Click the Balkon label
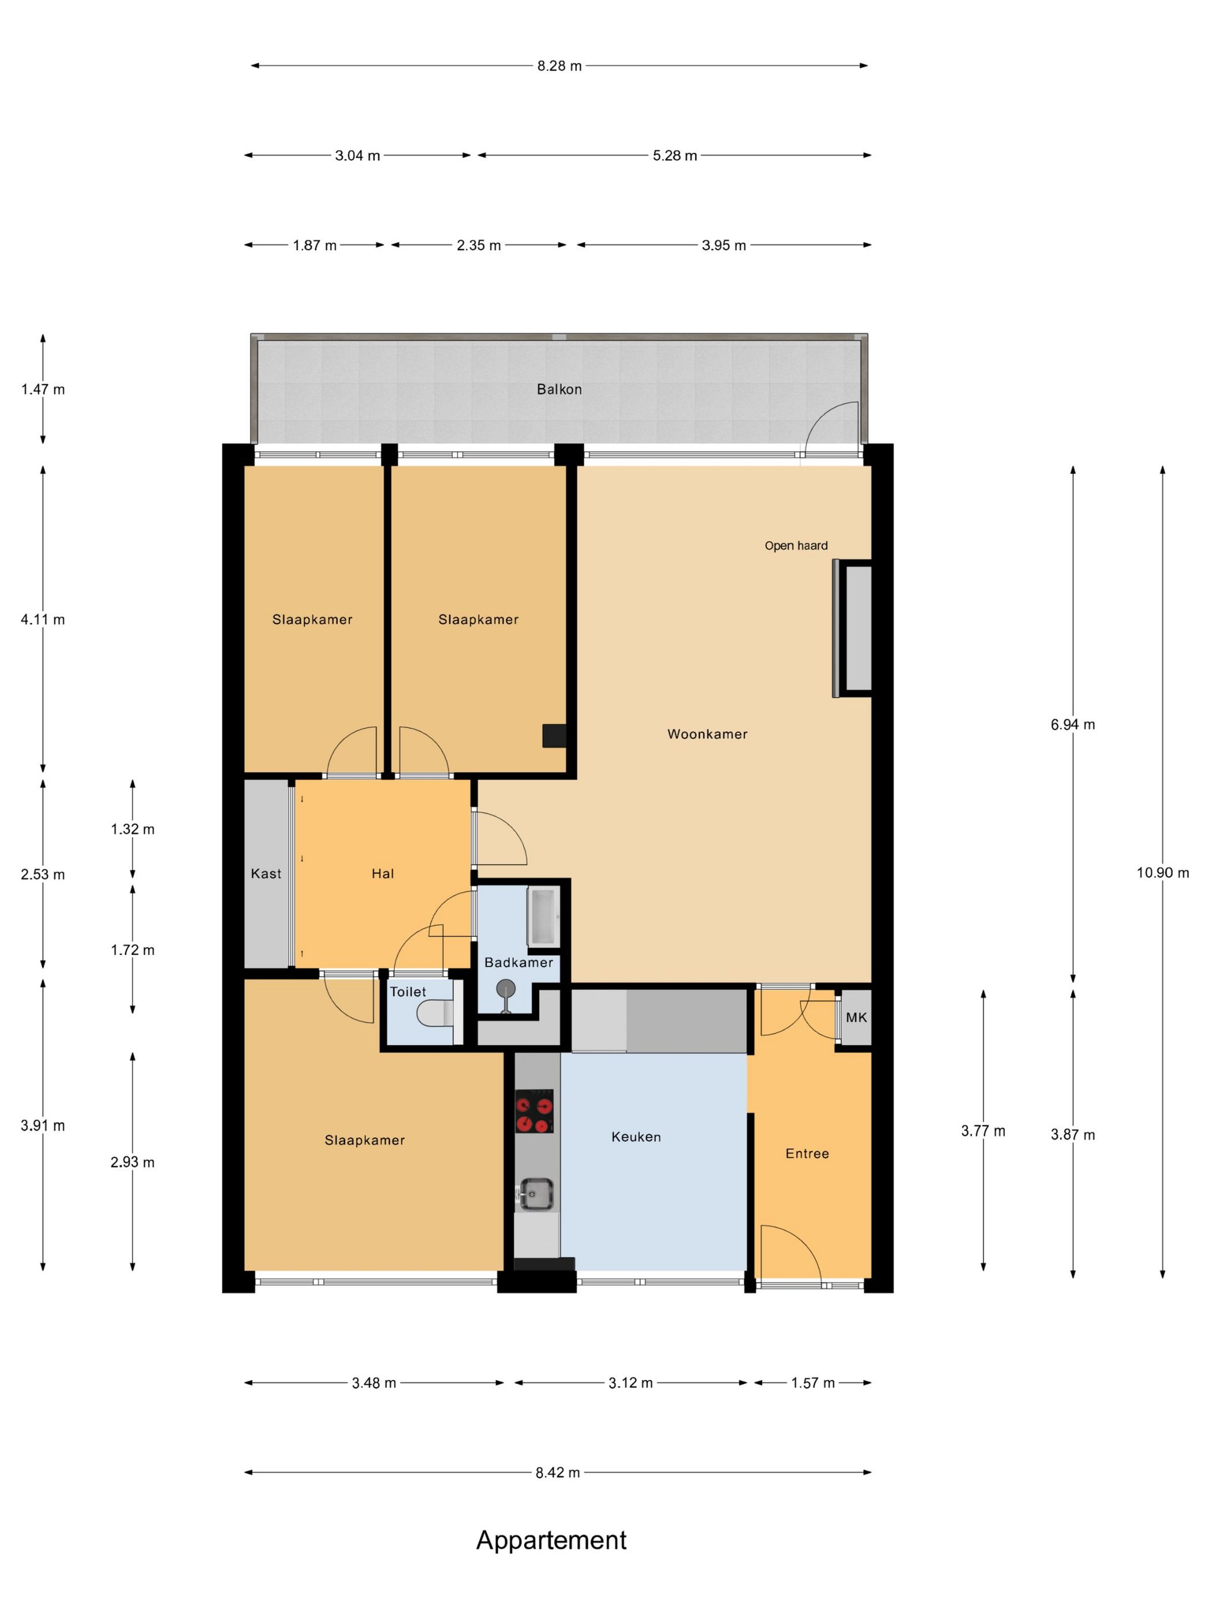559,389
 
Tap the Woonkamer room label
707,734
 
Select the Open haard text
796,546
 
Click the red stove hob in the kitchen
534,1111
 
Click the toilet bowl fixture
436,1013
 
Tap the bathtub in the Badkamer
543,917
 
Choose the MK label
856,1017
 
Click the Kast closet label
266,873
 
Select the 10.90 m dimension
1163,873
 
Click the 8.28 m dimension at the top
559,66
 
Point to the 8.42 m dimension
558,1472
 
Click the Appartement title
551,1540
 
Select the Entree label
807,1153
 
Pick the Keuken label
636,1137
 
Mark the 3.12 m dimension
631,1383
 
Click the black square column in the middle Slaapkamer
554,736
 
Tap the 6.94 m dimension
1073,725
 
